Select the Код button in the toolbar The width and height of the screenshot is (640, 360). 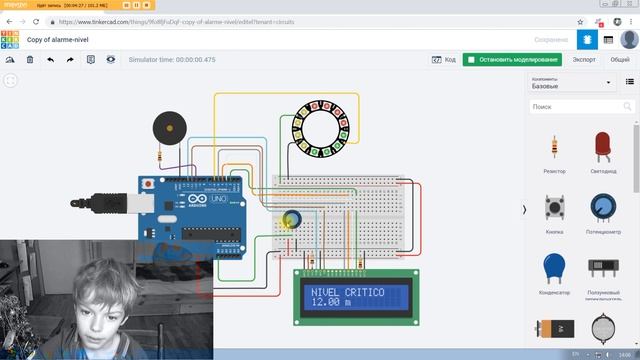click(444, 60)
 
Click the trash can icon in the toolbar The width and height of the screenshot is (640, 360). click(30, 60)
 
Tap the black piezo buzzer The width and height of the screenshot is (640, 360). click(167, 129)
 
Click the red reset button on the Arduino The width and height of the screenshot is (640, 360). click(147, 185)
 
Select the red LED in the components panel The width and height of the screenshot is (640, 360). click(602, 147)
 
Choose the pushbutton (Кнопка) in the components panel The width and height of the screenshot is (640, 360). click(553, 208)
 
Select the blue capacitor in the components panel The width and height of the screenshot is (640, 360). click(553, 267)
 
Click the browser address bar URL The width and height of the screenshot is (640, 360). click(200, 20)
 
